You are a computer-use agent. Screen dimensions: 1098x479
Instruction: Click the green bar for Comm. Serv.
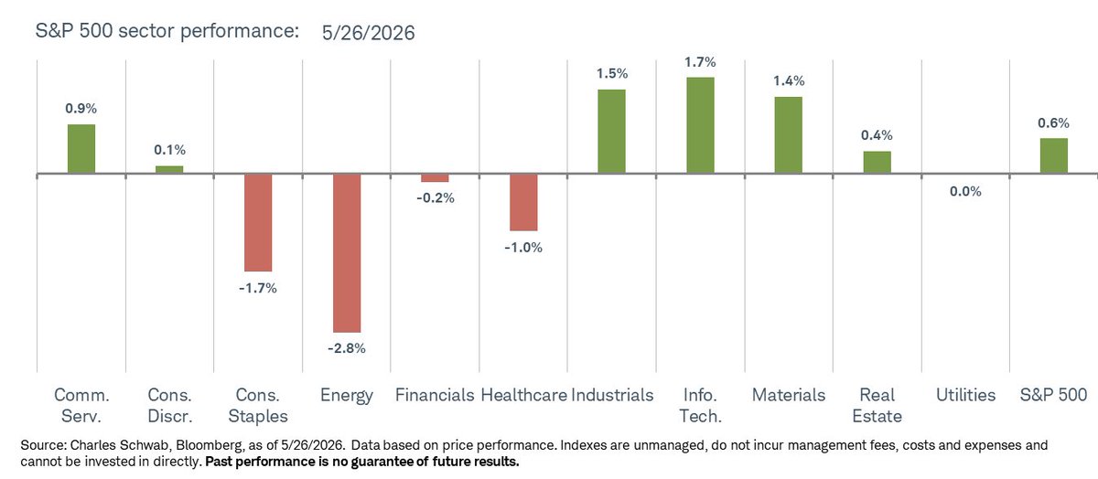click(81, 149)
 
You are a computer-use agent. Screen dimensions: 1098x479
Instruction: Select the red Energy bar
click(347, 253)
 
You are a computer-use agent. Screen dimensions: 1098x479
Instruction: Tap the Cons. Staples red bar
click(258, 223)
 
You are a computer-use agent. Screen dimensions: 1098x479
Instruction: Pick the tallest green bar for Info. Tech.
click(700, 125)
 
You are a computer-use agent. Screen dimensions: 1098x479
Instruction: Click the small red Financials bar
click(435, 178)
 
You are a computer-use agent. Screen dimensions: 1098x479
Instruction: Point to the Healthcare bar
click(523, 202)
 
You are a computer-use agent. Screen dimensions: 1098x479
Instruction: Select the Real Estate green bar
click(877, 162)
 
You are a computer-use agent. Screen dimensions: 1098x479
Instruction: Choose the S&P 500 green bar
click(1054, 155)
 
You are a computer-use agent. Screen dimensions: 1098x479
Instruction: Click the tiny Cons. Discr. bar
click(169, 169)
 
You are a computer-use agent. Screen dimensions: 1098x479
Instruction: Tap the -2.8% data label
click(347, 348)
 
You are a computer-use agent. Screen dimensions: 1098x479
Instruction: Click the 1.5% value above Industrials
click(612, 73)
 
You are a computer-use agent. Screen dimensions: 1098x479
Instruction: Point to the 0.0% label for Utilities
click(965, 191)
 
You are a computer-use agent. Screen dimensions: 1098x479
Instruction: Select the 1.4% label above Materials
click(789, 80)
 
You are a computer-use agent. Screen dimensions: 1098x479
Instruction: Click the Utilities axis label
click(965, 395)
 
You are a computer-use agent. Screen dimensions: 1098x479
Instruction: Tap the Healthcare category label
click(523, 395)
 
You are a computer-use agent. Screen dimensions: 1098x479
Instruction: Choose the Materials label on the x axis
click(789, 395)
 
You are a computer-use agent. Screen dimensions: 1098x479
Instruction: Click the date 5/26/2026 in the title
click(368, 33)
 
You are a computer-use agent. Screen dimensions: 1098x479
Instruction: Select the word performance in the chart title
click(240, 31)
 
